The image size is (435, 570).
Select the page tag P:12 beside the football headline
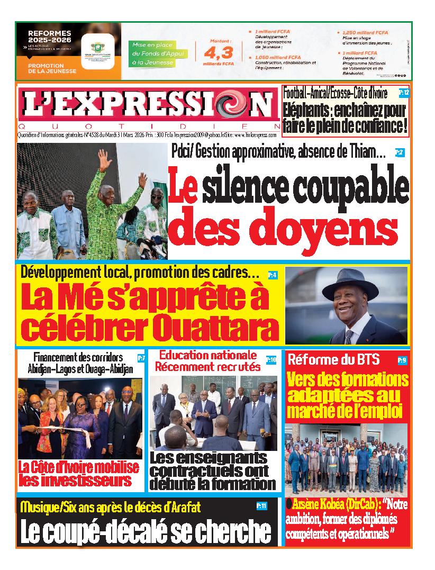coord(404,93)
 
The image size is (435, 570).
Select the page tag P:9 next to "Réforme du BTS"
coord(402,361)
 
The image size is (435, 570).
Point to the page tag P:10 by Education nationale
coord(271,360)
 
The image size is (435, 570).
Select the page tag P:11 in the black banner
coord(261,506)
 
